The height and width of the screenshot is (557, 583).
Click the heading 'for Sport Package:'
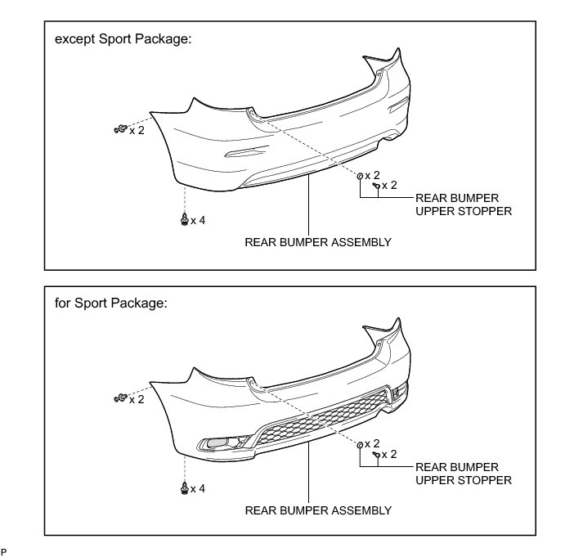pos(111,303)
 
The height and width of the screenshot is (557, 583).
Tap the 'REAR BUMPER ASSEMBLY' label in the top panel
pos(318,242)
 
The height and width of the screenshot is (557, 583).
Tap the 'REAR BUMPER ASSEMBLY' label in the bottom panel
pos(318,510)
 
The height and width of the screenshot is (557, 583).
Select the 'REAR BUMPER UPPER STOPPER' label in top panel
pos(464,204)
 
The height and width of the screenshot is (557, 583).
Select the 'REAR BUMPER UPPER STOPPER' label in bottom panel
pos(464,473)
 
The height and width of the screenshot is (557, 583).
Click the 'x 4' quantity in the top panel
pos(198,221)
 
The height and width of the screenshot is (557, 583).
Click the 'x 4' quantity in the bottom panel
pos(198,489)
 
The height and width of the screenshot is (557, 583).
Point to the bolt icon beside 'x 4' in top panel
pos(185,220)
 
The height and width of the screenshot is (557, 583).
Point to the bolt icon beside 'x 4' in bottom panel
pos(185,488)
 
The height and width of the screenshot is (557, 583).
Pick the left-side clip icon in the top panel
pos(119,128)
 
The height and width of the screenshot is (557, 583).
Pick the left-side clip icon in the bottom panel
pos(119,398)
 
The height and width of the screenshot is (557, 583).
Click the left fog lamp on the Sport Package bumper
pos(217,445)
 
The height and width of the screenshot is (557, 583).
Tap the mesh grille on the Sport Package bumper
pos(319,417)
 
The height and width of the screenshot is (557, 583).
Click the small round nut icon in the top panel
pos(360,175)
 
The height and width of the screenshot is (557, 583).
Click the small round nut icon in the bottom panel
pos(360,444)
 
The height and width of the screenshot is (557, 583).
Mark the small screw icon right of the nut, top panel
pos(375,186)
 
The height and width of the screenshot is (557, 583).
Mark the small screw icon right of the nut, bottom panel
pos(375,454)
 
